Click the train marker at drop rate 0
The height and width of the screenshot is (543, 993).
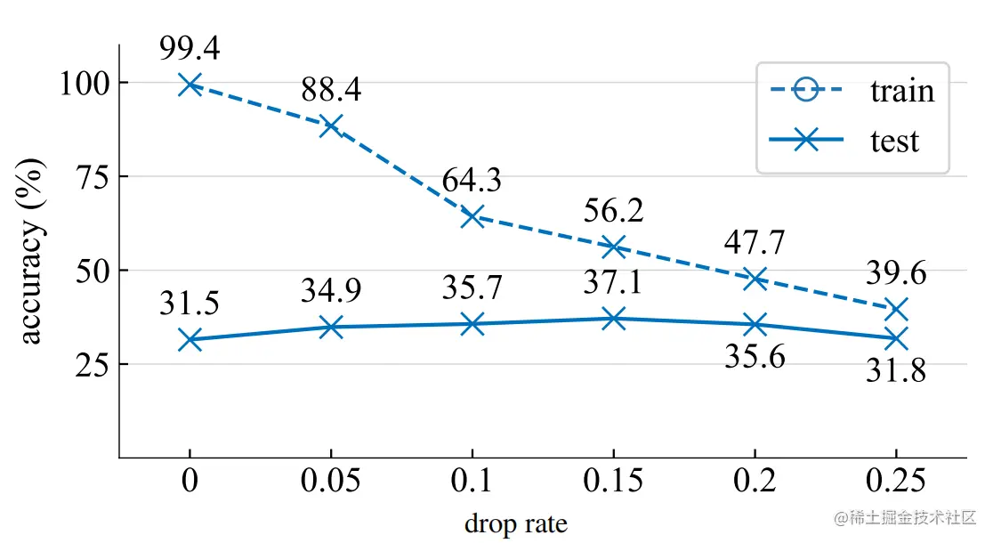[190, 85]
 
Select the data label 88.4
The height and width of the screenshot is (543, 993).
[330, 89]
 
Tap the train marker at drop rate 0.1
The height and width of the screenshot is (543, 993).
[472, 216]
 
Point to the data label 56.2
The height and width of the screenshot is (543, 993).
[613, 211]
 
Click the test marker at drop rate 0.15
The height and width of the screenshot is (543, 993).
[613, 318]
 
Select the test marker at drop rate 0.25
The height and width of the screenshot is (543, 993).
[896, 338]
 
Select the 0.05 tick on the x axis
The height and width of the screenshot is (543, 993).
[330, 482]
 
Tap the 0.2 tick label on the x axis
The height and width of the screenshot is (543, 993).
[755, 482]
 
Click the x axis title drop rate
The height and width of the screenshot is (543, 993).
[515, 523]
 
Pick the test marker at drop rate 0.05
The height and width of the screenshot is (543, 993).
[330, 328]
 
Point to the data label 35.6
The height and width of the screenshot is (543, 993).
[755, 358]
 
